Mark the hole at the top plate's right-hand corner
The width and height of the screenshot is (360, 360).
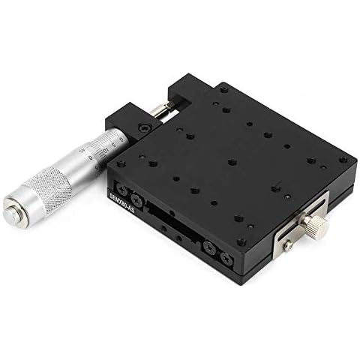click(343, 159)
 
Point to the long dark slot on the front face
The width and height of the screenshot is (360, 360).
click(172, 225)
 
